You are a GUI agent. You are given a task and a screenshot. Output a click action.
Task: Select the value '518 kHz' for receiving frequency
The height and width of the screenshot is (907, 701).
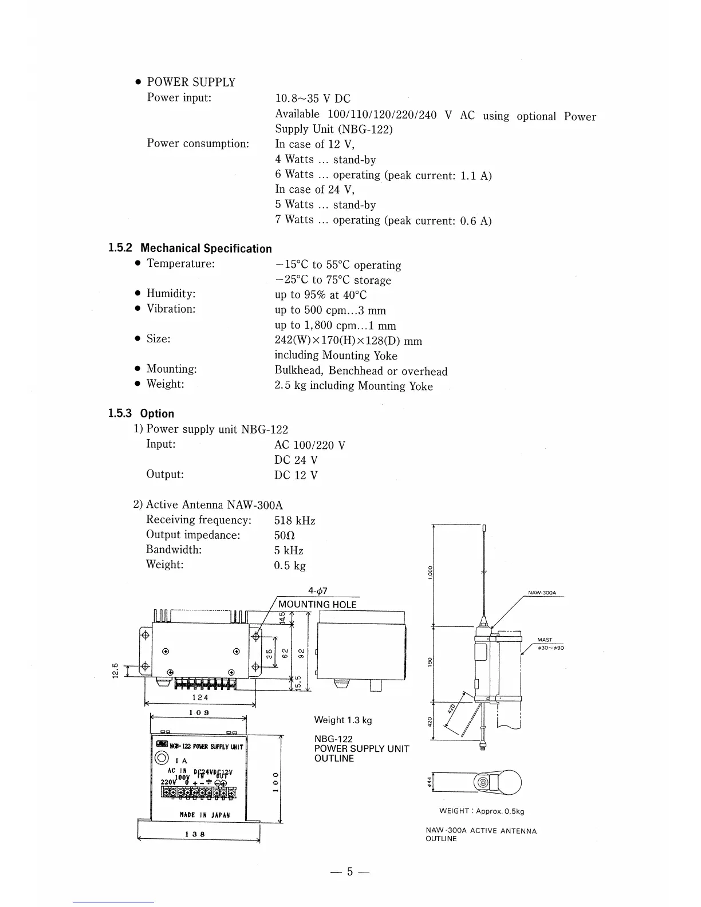point(295,520)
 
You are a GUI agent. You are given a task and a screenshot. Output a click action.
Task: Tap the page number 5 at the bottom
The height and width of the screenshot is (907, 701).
point(350,872)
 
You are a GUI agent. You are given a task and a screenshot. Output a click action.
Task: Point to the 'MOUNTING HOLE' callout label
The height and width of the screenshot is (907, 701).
point(317,605)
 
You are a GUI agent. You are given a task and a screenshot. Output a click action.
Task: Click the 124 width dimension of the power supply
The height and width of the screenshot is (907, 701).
point(199,697)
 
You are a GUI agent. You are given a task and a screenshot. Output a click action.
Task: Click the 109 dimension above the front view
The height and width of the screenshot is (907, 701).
point(198,712)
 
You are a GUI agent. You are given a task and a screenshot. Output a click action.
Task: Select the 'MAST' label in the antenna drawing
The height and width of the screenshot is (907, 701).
point(545,640)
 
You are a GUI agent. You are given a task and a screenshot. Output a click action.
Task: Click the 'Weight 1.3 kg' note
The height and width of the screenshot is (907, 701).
point(342,720)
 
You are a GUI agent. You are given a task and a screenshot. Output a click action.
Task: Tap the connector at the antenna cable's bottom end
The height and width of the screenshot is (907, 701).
point(483,746)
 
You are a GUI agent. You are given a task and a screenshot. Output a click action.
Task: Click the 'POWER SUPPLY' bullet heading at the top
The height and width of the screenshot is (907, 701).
point(191,82)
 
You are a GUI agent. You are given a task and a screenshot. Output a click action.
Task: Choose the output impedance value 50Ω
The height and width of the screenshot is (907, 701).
point(285,536)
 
